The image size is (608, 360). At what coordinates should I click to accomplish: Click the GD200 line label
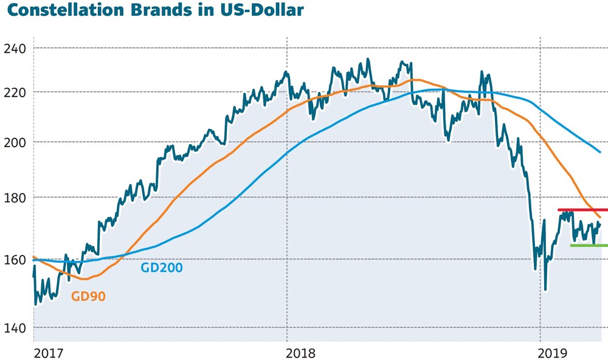click(x=162, y=266)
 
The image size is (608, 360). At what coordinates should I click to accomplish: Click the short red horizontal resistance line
click(x=582, y=210)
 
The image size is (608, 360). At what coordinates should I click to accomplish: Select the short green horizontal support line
click(x=588, y=246)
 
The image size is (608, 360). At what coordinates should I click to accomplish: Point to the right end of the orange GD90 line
click(x=601, y=217)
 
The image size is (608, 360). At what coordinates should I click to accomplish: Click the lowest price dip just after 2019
click(x=545, y=290)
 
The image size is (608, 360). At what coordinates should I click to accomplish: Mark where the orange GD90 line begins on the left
click(x=33, y=257)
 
